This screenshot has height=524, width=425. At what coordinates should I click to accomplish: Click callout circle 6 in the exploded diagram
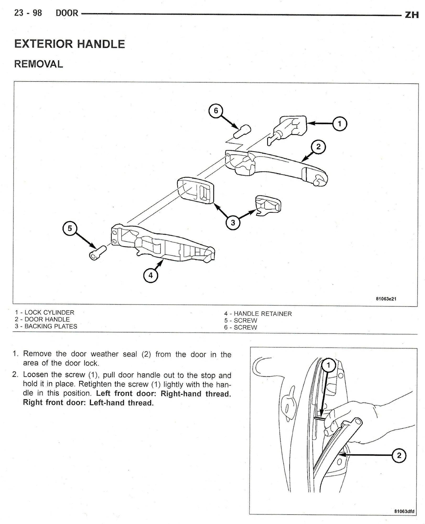[216, 111]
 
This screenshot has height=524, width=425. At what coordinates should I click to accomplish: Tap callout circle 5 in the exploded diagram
[70, 228]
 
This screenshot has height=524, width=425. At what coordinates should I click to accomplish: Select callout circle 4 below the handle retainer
[150, 275]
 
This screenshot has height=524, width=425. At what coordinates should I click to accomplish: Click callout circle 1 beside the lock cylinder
[340, 123]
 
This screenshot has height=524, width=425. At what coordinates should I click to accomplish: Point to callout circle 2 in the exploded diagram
[318, 147]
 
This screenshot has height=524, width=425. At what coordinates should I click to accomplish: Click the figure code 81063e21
[386, 299]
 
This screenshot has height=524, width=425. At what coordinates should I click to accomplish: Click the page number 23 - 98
[28, 13]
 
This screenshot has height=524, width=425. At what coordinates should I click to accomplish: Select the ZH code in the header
[412, 15]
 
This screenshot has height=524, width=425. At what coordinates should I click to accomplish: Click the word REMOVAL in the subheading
[39, 64]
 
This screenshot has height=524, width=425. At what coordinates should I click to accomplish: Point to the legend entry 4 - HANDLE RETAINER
[258, 314]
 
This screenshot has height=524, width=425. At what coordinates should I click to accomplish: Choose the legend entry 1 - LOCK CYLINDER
[45, 313]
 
